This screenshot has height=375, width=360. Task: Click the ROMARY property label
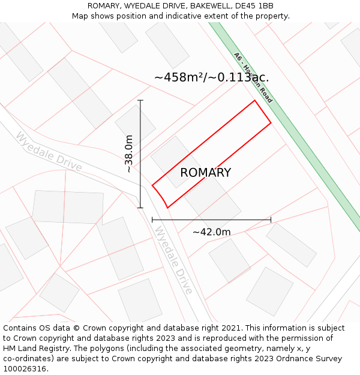[x=205, y=173]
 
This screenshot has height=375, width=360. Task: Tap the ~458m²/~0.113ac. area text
[x=211, y=77]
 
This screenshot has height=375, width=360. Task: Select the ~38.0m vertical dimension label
[x=129, y=154]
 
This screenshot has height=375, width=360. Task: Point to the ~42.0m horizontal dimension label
[x=211, y=232]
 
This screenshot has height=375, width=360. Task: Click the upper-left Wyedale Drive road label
[x=49, y=151]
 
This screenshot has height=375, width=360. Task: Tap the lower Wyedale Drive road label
[x=173, y=260]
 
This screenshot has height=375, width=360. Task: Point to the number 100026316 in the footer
[x=26, y=368]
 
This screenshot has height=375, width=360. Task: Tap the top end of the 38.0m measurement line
[x=140, y=100]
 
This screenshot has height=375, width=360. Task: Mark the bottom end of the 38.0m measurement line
[x=140, y=208]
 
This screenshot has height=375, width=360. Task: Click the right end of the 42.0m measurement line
[x=271, y=220]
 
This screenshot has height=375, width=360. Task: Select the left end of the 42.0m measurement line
[x=152, y=220]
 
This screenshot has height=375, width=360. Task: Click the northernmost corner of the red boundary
[x=254, y=100]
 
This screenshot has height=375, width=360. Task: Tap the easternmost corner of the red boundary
[x=271, y=122]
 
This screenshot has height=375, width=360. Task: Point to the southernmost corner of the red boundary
[x=167, y=208]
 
